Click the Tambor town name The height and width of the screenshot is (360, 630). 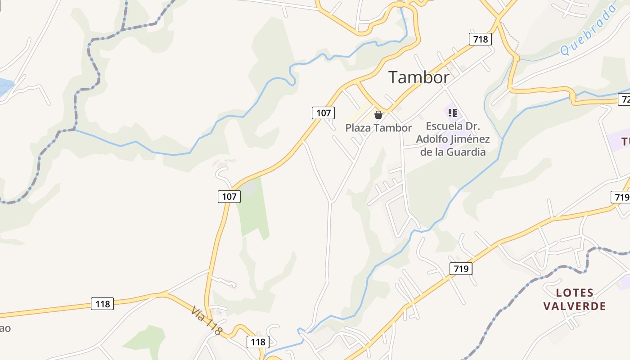pyautogui.click(x=418, y=77)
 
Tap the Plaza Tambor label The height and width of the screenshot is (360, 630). pyautogui.click(x=378, y=128)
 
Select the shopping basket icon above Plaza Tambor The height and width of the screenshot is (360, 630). pyautogui.click(x=378, y=115)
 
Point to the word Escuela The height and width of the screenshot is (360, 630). pyautogui.click(x=444, y=126)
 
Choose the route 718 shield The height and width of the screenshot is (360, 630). pyautogui.click(x=480, y=39)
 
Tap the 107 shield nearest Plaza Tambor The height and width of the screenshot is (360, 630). pyautogui.click(x=323, y=112)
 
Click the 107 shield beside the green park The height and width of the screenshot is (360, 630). pyautogui.click(x=229, y=196)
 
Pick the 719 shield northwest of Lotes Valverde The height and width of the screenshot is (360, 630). pyautogui.click(x=461, y=269)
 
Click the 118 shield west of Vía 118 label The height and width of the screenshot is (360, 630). pyautogui.click(x=103, y=304)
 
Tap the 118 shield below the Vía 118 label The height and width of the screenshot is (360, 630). pyautogui.click(x=258, y=342)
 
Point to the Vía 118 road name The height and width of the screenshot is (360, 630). pyautogui.click(x=207, y=320)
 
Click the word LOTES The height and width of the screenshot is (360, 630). pyautogui.click(x=575, y=293)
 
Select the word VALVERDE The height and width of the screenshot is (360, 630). pyautogui.click(x=574, y=306)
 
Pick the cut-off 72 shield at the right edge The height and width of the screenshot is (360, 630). pyautogui.click(x=625, y=99)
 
